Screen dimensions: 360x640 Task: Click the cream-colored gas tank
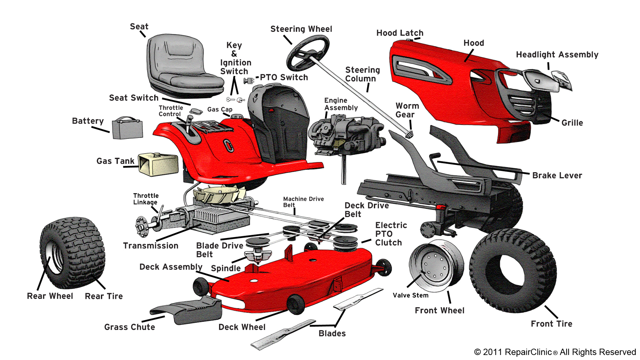[158, 164]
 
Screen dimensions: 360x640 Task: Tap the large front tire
[513, 270]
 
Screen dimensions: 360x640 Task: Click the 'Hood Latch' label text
[400, 33]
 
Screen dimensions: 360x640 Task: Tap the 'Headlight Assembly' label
[557, 55]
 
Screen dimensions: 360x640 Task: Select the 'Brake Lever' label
[557, 176]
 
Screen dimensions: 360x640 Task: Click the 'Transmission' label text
[151, 246]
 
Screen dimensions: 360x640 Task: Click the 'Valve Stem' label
[410, 295]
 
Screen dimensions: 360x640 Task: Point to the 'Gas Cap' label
[220, 109]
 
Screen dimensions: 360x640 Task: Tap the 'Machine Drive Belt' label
[303, 202]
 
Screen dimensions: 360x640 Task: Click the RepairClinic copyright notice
[555, 352]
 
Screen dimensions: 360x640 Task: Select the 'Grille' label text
[572, 123]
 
